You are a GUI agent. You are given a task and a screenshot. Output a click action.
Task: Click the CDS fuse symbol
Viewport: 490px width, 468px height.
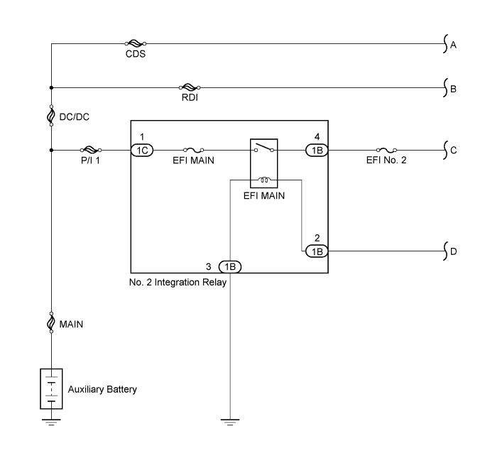click(136, 43)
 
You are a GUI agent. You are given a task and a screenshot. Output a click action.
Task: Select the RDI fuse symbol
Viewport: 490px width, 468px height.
click(190, 87)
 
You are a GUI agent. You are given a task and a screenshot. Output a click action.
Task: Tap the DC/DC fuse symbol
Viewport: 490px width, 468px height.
click(51, 116)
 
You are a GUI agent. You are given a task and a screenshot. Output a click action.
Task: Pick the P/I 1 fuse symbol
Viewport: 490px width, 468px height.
click(91, 150)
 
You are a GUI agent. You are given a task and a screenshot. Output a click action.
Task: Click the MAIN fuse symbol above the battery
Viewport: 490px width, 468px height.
click(51, 322)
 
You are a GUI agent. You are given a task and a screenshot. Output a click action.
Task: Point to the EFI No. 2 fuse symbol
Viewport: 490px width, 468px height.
click(386, 150)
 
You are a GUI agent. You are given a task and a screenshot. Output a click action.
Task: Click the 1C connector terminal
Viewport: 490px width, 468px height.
click(142, 151)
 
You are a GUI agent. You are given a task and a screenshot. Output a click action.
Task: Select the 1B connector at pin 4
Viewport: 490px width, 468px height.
click(317, 151)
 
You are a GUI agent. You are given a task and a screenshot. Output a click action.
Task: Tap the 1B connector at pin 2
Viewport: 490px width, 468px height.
click(317, 251)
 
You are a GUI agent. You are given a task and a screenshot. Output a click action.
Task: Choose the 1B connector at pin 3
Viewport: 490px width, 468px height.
click(230, 267)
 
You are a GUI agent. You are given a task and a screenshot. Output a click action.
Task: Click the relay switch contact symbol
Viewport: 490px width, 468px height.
click(264, 148)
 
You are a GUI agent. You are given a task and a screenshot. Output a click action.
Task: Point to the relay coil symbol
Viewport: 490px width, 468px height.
click(264, 180)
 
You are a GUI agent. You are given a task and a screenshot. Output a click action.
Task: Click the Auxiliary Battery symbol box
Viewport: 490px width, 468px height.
click(51, 388)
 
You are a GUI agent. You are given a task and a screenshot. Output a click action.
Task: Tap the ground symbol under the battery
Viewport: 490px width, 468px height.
click(51, 422)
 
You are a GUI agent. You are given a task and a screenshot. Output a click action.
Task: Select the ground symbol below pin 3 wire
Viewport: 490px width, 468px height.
click(230, 422)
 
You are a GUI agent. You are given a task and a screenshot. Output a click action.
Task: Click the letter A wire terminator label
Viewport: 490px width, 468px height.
click(453, 45)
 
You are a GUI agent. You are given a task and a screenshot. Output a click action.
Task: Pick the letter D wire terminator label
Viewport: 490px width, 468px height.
click(454, 251)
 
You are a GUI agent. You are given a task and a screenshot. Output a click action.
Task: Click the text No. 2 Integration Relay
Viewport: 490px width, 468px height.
click(178, 283)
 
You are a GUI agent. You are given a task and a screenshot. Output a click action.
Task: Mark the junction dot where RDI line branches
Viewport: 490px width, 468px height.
click(51, 88)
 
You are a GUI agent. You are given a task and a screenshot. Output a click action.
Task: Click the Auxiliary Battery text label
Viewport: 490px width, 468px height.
click(102, 390)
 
